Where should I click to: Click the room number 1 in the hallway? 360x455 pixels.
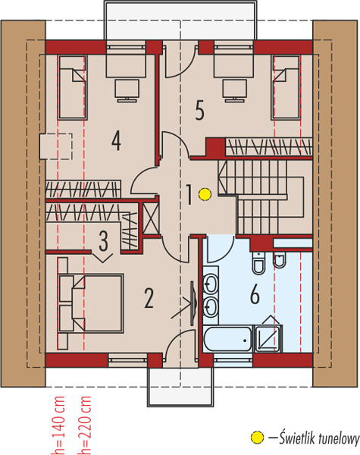click(x=189, y=194)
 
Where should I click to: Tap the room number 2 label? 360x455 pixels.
click(x=149, y=298)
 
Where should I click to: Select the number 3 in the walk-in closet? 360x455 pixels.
click(x=104, y=241)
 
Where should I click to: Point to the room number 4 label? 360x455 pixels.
click(x=116, y=140)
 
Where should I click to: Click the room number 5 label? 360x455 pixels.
click(x=199, y=110)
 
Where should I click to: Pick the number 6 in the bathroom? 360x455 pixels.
click(x=255, y=294)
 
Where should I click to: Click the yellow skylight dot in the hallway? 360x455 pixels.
click(x=205, y=194)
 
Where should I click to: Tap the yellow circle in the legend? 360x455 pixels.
click(x=257, y=438)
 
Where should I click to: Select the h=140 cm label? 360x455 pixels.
click(x=58, y=425)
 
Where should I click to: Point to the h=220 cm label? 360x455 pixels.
click(x=84, y=425)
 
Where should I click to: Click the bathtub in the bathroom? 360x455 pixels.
click(x=227, y=339)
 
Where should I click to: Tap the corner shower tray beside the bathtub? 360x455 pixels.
click(x=268, y=339)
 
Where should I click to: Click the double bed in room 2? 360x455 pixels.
click(x=91, y=303)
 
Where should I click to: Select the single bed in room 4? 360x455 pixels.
click(x=73, y=87)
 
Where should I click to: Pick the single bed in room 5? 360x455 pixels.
click(x=286, y=87)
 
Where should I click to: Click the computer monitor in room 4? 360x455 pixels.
click(x=127, y=90)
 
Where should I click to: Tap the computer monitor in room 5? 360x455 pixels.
click(x=235, y=90)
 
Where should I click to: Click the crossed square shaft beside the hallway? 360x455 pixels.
click(x=151, y=218)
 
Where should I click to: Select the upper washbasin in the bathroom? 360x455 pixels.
click(x=210, y=284)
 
